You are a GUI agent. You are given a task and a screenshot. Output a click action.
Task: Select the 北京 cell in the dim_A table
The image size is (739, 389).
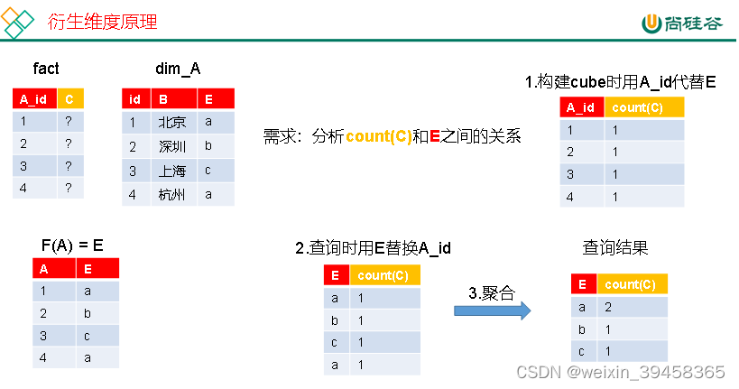171,123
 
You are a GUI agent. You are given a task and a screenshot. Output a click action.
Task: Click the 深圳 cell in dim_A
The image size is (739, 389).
171,146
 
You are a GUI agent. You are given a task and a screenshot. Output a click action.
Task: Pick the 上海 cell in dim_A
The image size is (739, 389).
171,170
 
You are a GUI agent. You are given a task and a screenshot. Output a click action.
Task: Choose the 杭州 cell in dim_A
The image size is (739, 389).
171,193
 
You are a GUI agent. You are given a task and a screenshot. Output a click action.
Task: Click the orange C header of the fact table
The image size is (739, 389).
70,98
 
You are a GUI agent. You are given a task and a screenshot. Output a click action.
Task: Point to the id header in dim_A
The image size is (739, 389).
134,98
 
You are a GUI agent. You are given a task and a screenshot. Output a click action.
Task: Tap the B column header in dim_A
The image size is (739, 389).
163,98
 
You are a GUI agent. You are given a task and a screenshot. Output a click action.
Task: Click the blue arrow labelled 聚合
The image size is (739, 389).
491,310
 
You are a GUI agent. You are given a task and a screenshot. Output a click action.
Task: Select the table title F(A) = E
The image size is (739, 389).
72,245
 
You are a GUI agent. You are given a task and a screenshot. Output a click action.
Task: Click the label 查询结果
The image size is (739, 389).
615,247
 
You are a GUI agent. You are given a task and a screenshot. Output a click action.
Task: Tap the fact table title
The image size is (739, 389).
46,69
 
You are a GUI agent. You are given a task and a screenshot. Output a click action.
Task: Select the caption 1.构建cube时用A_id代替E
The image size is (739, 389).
620,82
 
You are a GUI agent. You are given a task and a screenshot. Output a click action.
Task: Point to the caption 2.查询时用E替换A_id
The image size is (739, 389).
374,248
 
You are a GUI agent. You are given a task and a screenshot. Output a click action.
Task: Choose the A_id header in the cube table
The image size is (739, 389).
579,107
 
